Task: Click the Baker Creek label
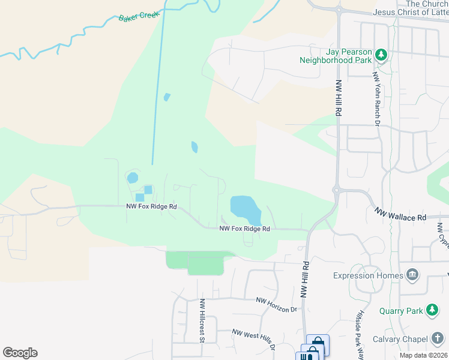coord(133,18)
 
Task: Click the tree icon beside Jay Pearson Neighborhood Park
coord(381,55)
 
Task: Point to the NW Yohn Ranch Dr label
coord(376,100)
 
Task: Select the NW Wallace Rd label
coord(400,214)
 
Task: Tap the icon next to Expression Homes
coord(412,275)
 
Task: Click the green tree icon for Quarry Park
coord(432,310)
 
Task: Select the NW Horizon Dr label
coord(277,304)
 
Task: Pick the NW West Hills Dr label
coord(254,338)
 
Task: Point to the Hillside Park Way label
coord(359,337)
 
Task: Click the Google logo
coord(20,353)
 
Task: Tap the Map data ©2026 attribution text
coord(423,355)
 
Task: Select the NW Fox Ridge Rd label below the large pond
coord(244,229)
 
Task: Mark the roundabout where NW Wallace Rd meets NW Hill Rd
coord(337,191)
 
